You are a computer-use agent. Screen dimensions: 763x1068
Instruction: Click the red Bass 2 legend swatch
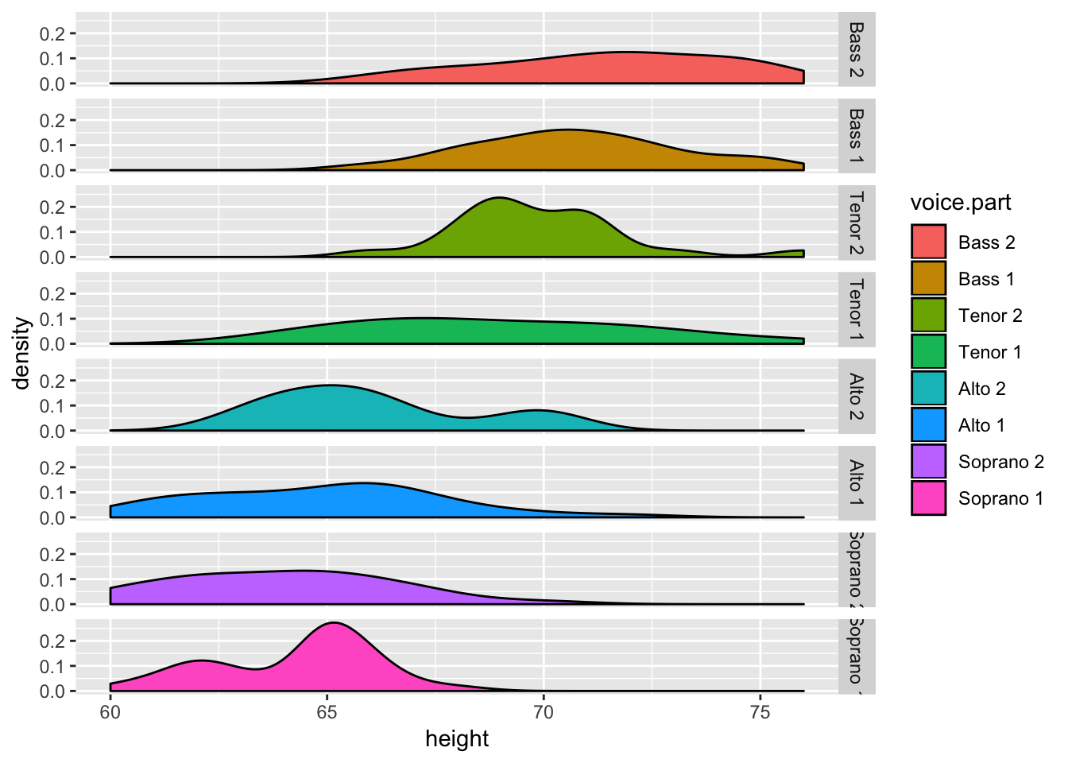tap(928, 242)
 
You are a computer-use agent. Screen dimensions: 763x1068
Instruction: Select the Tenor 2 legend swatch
tap(928, 315)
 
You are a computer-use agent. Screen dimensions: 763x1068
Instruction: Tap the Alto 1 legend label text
tap(981, 425)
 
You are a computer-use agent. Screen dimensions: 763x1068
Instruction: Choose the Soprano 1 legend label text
tap(1000, 498)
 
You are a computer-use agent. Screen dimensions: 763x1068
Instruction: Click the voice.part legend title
tap(960, 203)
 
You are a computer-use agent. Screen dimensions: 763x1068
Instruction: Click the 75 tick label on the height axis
tap(760, 712)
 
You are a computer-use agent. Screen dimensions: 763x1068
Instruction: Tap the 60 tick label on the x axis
tap(110, 712)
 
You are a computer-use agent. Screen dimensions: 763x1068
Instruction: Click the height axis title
tap(457, 739)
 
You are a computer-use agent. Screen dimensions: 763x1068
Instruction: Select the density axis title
tap(21, 353)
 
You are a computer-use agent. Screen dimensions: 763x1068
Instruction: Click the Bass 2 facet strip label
tap(856, 49)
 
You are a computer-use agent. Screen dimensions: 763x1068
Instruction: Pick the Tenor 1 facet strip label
tap(856, 309)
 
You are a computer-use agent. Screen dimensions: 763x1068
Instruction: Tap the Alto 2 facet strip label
tap(856, 396)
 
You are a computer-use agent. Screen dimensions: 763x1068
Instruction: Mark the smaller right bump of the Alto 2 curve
tap(540, 411)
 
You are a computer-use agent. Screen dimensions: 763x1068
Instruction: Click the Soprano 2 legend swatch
tap(928, 462)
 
